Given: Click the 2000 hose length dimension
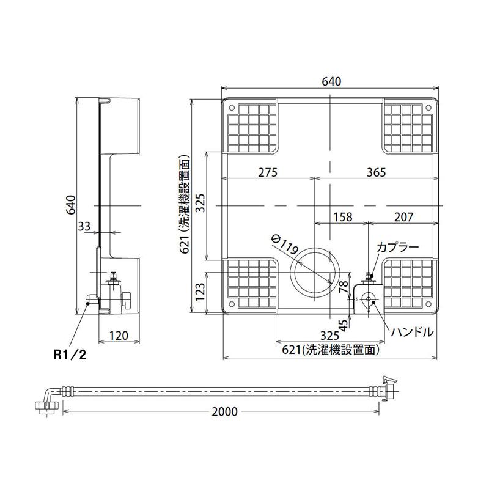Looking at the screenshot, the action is coord(224,411).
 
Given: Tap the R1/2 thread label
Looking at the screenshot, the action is coord(70,355).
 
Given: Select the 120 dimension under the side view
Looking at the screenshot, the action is coord(119,336).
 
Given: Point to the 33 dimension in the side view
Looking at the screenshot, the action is coord(84,226).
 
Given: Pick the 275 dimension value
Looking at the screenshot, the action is coord(268,172).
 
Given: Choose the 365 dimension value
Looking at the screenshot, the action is coord(376,172).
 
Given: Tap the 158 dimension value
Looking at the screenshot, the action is coord(343,217).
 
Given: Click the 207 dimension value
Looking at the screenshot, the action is coord(403,217).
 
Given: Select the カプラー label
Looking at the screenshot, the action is coord(398,248).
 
